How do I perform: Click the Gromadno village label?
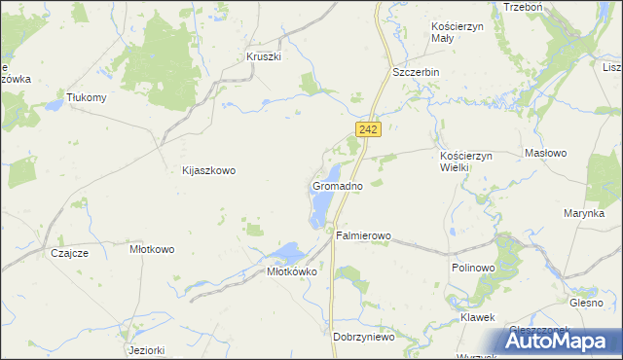click(x=338, y=185)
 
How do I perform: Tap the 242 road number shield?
click(x=367, y=128)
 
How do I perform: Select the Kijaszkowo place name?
click(x=209, y=170)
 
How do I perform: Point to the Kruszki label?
click(x=264, y=56)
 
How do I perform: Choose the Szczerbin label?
click(x=416, y=73)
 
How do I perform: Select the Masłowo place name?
click(x=546, y=154)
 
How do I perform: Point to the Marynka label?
click(x=584, y=213)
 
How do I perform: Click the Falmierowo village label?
click(x=363, y=235)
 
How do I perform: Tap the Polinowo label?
click(x=474, y=267)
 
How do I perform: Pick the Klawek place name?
click(x=478, y=318)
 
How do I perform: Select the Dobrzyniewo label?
click(x=363, y=337)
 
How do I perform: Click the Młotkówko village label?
click(x=293, y=272)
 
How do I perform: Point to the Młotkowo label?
click(x=152, y=249)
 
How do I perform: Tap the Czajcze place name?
click(x=69, y=253)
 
